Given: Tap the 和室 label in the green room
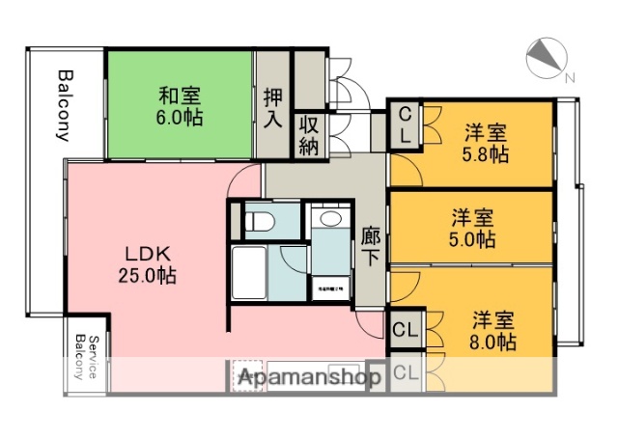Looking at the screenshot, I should [x=180, y=96].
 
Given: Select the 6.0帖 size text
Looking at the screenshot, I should [x=180, y=119].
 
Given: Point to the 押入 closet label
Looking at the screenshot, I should [x=273, y=109].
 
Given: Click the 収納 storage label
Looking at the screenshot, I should [x=309, y=135].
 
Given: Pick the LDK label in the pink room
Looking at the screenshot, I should [x=148, y=254].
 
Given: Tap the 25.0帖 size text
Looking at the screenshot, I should [x=148, y=276].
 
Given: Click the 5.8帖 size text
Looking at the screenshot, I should [x=485, y=153].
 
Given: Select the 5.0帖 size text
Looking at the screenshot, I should [x=473, y=239].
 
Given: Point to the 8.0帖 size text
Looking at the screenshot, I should [x=493, y=341].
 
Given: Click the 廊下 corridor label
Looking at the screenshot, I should [x=371, y=247].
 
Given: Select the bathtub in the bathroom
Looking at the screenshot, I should [x=248, y=275].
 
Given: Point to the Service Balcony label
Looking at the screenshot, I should [x=87, y=356].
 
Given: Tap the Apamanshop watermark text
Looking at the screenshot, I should [x=309, y=378].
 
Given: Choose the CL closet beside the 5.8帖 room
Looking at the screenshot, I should [x=406, y=125].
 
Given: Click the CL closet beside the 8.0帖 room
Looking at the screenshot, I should [x=406, y=329].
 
